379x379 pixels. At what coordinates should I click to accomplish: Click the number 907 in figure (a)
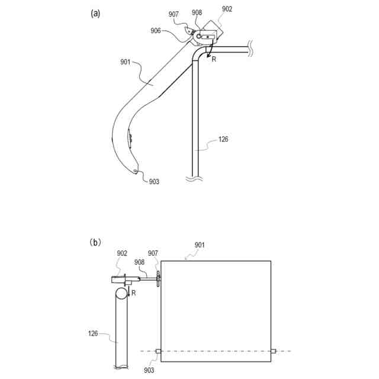click(x=174, y=14)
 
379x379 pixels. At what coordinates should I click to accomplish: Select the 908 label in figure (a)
click(x=197, y=12)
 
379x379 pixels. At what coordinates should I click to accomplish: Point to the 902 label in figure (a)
click(x=227, y=9)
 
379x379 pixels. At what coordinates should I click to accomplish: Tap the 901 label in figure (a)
click(x=126, y=61)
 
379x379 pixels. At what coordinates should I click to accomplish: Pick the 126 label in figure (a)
click(x=223, y=139)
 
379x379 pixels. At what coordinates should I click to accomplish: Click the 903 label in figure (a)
click(x=154, y=182)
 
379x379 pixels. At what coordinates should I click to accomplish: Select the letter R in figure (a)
click(x=214, y=59)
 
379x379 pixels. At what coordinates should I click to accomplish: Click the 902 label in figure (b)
click(x=122, y=253)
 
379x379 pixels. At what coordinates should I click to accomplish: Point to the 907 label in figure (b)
click(x=153, y=253)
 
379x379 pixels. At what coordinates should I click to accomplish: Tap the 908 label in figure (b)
click(x=139, y=261)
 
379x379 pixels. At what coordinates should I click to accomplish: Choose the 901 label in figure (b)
click(x=201, y=244)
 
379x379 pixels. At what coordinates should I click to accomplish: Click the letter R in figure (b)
click(x=134, y=293)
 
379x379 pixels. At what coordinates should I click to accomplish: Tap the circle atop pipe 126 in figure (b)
click(x=121, y=293)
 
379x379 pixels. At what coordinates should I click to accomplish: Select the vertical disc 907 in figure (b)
click(x=158, y=278)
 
